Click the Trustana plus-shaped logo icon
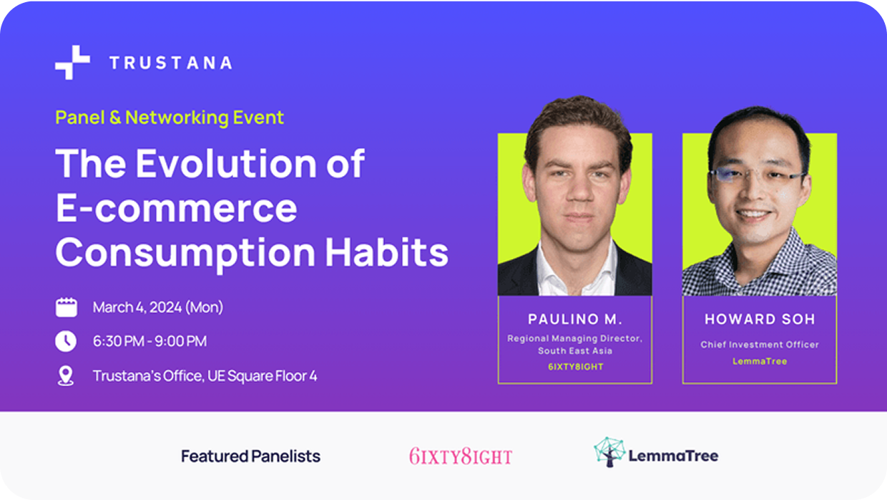click(x=72, y=62)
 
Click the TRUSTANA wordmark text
click(x=171, y=63)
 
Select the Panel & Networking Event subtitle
click(x=170, y=117)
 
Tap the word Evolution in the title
click(x=227, y=163)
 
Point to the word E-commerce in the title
click(x=177, y=208)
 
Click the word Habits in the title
click(x=387, y=253)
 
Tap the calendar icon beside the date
click(x=66, y=308)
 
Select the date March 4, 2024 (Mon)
click(x=158, y=307)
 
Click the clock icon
click(x=66, y=341)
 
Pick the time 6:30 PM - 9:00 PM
click(x=150, y=341)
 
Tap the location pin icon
click(x=66, y=376)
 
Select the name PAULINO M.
click(x=575, y=319)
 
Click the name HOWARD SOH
click(x=760, y=319)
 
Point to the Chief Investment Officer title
click(x=760, y=345)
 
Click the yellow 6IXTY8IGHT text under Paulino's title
click(x=575, y=367)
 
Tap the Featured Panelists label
click(x=250, y=456)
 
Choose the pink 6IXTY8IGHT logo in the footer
click(x=461, y=456)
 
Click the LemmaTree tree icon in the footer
click(x=609, y=452)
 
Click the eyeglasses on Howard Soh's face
click(x=757, y=175)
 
